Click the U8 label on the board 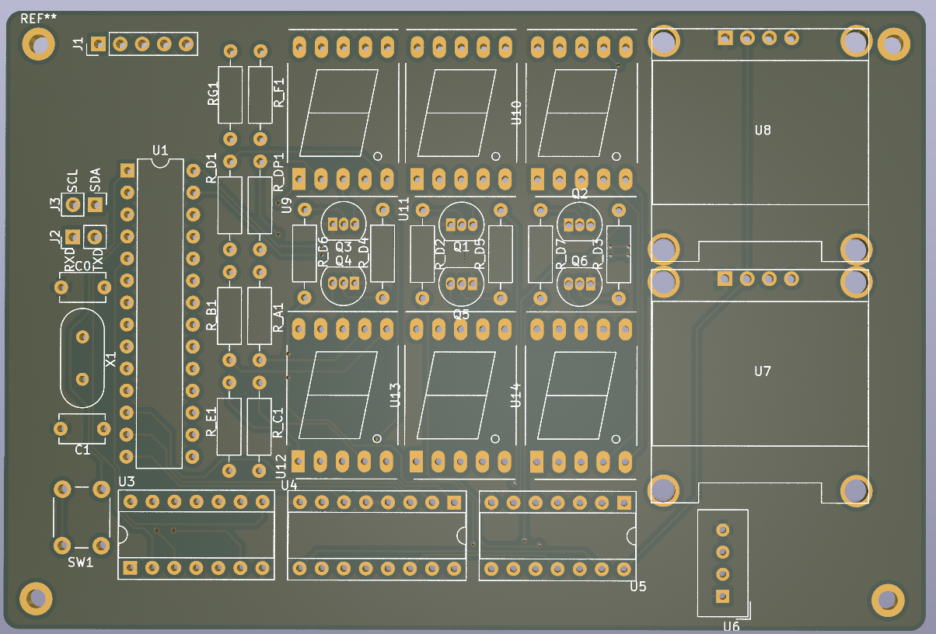763,131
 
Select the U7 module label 763,371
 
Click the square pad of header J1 98,44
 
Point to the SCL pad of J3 73,204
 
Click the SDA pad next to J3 95,204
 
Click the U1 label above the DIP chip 160,149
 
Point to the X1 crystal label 111,361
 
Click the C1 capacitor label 82,450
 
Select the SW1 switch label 80,563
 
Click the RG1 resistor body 230,94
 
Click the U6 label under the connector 731,626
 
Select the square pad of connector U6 723,596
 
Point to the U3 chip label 126,482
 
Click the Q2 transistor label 580,193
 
